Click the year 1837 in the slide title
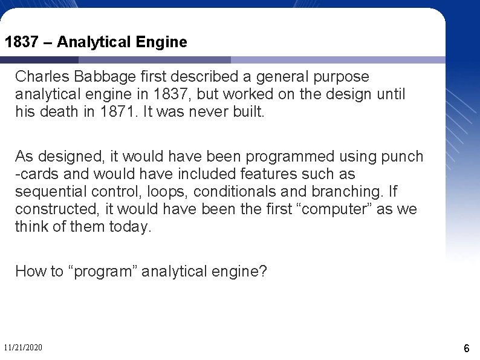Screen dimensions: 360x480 (x=20, y=42)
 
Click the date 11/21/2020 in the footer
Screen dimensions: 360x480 (x=23, y=348)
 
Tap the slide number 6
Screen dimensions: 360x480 (x=467, y=349)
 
